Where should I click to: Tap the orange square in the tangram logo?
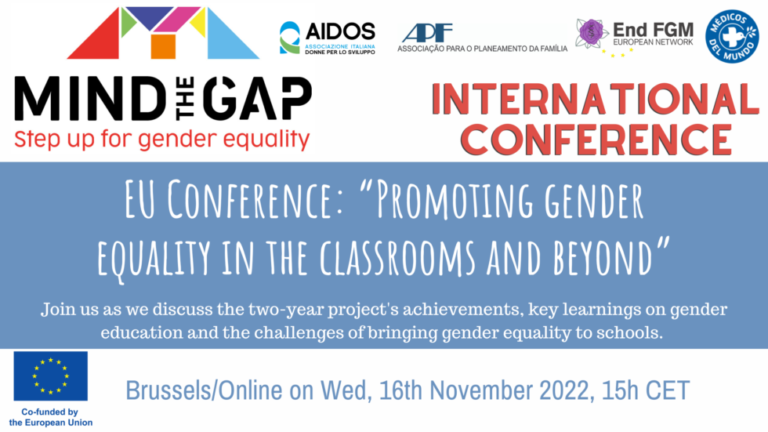(x=163, y=46)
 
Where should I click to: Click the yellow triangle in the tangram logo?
(x=199, y=23)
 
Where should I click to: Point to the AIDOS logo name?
(x=340, y=32)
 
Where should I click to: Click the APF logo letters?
(x=427, y=33)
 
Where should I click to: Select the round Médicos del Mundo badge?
(x=732, y=36)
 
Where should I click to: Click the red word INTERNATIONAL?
(x=596, y=100)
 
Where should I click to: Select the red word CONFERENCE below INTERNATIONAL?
(x=596, y=140)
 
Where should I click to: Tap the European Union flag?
(x=50, y=376)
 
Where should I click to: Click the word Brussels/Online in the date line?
(x=204, y=391)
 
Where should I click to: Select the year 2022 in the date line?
(x=563, y=391)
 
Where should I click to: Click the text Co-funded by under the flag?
(x=49, y=412)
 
